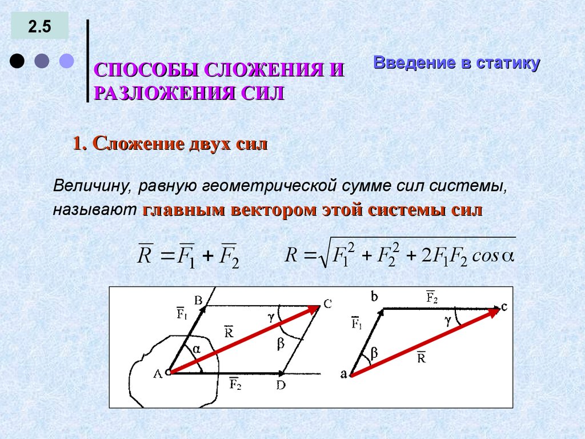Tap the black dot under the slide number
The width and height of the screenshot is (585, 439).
[18, 61]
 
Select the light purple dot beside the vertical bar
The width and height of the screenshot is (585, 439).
[67, 61]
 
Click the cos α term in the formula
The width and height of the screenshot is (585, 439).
[494, 255]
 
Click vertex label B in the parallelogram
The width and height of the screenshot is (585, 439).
[198, 300]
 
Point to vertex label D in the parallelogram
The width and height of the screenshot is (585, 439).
[281, 385]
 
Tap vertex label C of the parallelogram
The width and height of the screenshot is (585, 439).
[327, 305]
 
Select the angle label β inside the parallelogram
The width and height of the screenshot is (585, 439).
[281, 344]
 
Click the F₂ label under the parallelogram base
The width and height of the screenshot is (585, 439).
[235, 382]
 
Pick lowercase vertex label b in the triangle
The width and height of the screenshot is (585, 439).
[374, 296]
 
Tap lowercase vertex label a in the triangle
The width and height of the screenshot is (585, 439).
[344, 375]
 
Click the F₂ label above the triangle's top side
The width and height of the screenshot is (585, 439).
[432, 297]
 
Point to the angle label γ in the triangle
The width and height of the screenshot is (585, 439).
[449, 321]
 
